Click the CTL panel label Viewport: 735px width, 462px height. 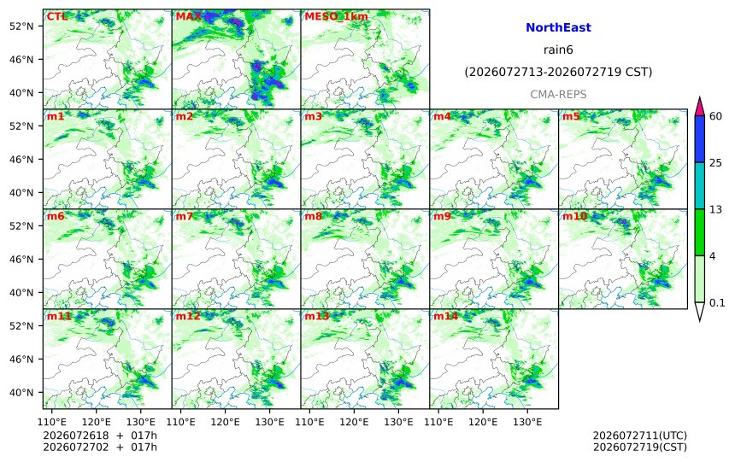[x=56, y=16]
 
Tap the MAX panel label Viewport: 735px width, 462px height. [x=188, y=16]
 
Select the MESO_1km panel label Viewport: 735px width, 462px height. [x=336, y=17]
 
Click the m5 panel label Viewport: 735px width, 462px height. [x=571, y=116]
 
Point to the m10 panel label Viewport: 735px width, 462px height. [x=574, y=216]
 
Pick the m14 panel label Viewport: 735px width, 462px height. [x=445, y=316]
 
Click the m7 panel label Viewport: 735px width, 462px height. [x=185, y=216]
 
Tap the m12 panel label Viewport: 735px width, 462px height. [x=188, y=316]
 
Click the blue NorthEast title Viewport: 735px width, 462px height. [x=558, y=27]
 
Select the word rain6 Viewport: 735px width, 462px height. [x=558, y=50]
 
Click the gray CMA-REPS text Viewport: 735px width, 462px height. [x=558, y=95]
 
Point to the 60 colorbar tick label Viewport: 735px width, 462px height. [x=715, y=116]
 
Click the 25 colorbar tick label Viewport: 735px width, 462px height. [x=715, y=162]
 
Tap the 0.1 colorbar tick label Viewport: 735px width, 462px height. [x=717, y=302]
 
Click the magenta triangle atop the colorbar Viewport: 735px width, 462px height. [x=699, y=108]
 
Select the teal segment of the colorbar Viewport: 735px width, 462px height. [x=699, y=185]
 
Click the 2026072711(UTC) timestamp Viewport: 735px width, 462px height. [x=640, y=436]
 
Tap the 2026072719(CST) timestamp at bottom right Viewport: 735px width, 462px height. [x=640, y=447]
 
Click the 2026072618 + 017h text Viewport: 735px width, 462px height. [x=100, y=436]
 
